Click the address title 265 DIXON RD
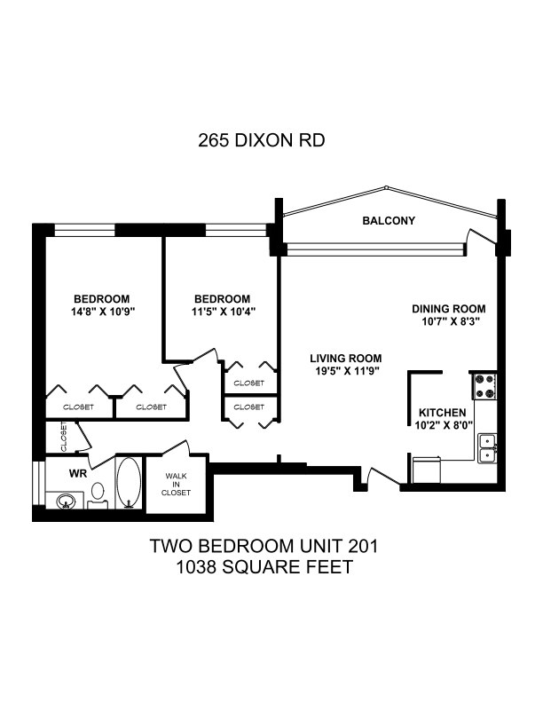click(261, 140)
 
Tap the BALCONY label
click(389, 221)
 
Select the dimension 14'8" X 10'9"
click(103, 312)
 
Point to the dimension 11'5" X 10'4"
click(224, 312)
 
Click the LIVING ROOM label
click(346, 359)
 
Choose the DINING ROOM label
click(448, 309)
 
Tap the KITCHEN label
click(442, 413)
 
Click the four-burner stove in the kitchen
click(485, 386)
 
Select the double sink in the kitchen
click(487, 448)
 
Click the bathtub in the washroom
click(129, 482)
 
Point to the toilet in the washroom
click(98, 495)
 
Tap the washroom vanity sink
click(66, 501)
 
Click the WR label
click(78, 473)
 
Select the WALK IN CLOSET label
click(176, 485)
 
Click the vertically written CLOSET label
click(64, 436)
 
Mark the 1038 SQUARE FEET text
click(264, 567)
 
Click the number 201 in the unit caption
click(364, 546)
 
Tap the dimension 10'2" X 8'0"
click(444, 425)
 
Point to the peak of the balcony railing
click(385, 187)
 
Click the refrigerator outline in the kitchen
click(426, 470)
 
